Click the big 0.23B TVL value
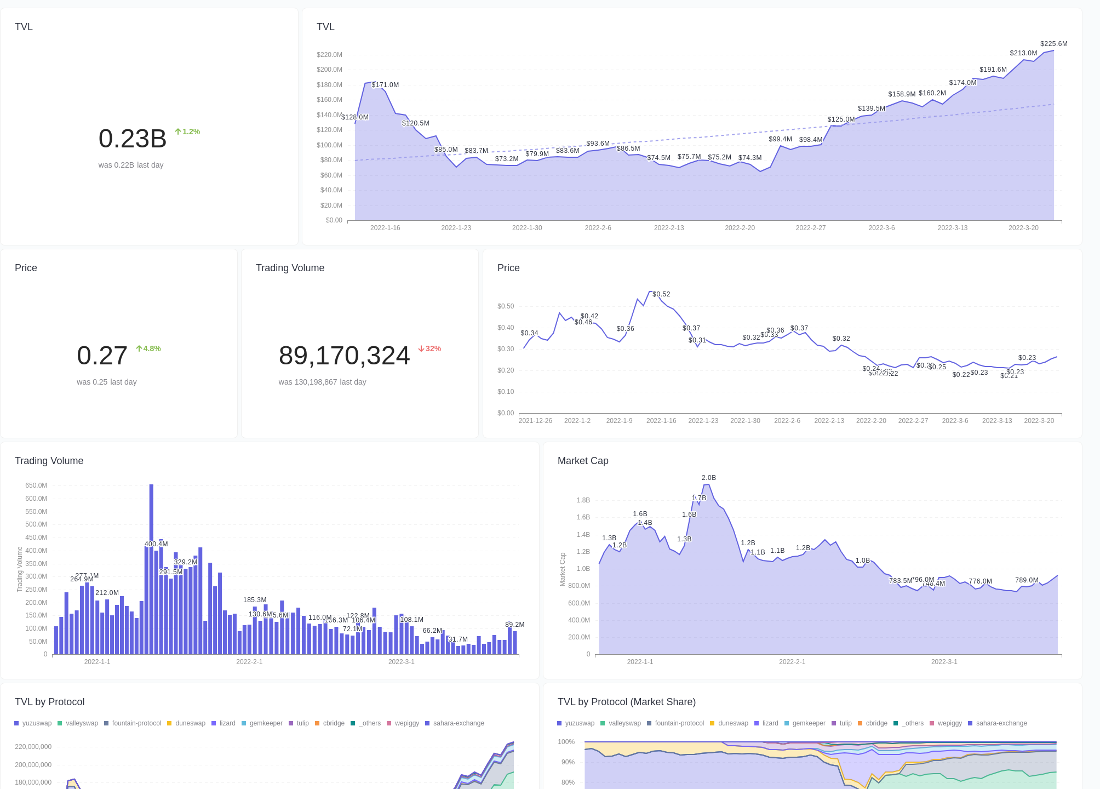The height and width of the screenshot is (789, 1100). [x=132, y=139]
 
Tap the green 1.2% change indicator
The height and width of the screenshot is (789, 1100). [x=187, y=131]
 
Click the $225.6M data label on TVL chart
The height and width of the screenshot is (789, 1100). [x=1053, y=44]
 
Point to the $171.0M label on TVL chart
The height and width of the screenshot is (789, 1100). [x=385, y=85]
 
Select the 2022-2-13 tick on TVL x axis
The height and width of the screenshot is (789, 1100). [x=668, y=228]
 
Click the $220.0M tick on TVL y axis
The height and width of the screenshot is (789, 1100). [x=329, y=55]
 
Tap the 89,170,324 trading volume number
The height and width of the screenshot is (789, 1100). [x=344, y=356]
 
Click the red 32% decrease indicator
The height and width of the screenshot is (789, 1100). [x=429, y=348]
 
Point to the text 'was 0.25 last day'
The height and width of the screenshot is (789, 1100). [x=107, y=382]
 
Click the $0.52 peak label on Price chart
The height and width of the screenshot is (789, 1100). [x=661, y=294]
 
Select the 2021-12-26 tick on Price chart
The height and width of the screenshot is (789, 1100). [x=535, y=421]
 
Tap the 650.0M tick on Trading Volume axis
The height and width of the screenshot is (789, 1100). [x=36, y=485]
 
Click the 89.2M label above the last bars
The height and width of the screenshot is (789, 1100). [x=514, y=625]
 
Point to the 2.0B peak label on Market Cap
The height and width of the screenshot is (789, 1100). [x=708, y=478]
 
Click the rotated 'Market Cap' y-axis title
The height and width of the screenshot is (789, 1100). [x=562, y=569]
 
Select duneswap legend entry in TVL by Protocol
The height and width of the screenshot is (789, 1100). [x=186, y=723]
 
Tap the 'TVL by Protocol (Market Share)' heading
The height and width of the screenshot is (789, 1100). [x=626, y=702]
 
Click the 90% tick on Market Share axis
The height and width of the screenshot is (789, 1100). [x=568, y=762]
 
